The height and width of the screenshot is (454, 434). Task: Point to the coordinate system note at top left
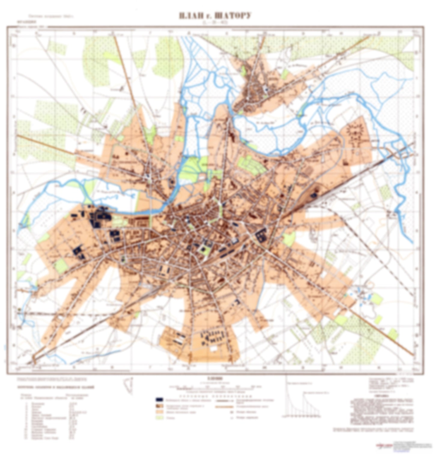pyautogui.click(x=51, y=17)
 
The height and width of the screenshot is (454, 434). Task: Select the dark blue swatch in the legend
pyautogui.click(x=159, y=400)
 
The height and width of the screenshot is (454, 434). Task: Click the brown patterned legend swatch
pyautogui.click(x=159, y=406)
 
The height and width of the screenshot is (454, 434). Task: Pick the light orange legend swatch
pyautogui.click(x=159, y=412)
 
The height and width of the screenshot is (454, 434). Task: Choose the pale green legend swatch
pyautogui.click(x=159, y=418)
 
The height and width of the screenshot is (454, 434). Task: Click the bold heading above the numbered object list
pyautogui.click(x=56, y=388)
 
